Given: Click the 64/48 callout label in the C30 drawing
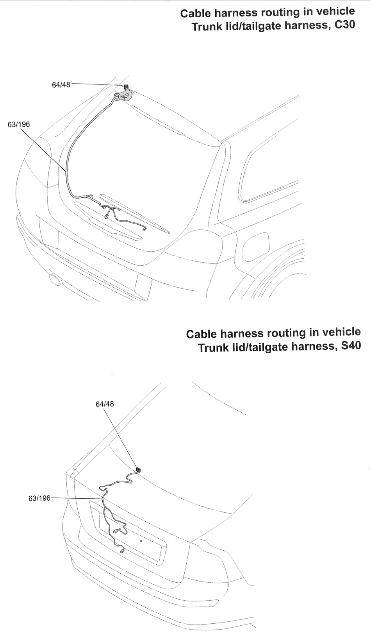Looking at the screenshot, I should pos(61,84).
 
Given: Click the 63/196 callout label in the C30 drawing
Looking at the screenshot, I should pos(19,124).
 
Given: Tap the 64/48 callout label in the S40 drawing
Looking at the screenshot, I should pos(105,404).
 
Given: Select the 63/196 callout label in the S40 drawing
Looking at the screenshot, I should pos(39,498).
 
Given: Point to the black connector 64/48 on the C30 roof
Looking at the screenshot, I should pos(126,87).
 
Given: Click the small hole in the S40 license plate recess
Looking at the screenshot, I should pos(141,541).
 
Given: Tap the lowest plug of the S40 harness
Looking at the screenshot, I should pos(122,551).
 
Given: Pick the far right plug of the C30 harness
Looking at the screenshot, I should pos(144,229).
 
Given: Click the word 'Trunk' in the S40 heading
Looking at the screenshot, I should pos(213,347).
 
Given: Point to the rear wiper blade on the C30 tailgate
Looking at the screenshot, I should pos(135,213).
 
